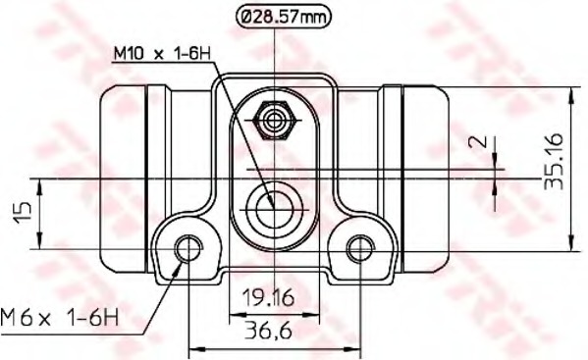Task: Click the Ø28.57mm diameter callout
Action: click(284, 18)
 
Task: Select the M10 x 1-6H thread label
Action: click(162, 54)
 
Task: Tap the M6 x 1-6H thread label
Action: click(60, 318)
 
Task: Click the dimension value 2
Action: click(478, 141)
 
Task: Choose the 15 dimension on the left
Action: click(23, 213)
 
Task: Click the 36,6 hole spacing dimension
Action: click(268, 331)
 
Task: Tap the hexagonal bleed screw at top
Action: click(274, 121)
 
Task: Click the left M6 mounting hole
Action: click(187, 248)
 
